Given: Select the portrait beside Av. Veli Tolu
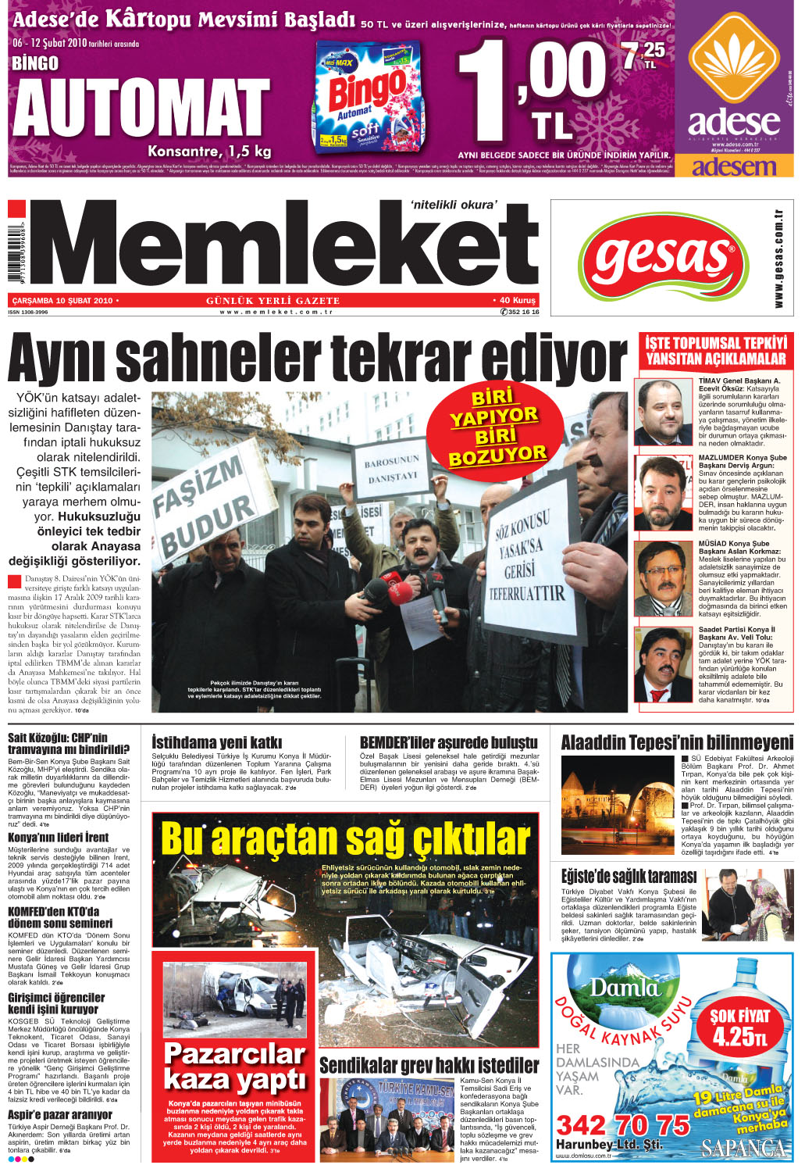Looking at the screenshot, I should point(664,664).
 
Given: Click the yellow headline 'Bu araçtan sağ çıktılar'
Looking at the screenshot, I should point(345,839).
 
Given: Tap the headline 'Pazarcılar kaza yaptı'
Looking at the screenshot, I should point(235,1067).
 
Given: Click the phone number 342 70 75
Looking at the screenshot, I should point(623,1125).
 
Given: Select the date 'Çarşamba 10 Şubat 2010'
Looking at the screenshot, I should point(62,300).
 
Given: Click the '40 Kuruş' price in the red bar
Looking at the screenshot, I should point(517,300).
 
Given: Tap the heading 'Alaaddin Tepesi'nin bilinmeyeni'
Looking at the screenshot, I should point(677,742).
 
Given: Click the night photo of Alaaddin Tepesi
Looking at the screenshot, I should point(618,805).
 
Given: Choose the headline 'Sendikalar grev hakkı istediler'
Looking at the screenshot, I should point(429,1065).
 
